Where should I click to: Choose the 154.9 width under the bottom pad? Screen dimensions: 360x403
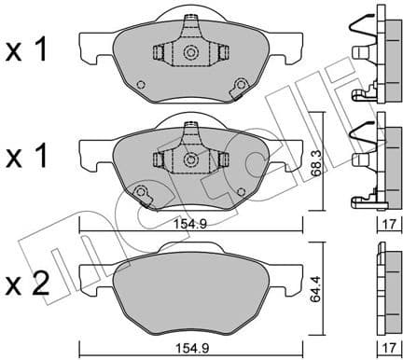click(191, 349)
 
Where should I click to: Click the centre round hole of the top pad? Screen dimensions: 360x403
click(191, 53)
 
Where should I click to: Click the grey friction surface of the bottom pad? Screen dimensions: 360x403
click(191, 289)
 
